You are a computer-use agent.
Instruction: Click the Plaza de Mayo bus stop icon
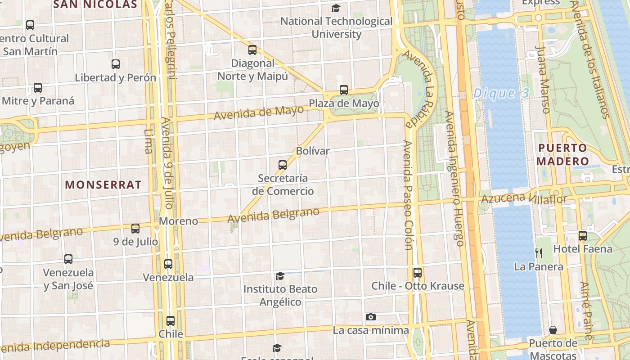click(344, 90)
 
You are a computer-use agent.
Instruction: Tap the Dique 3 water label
click(501, 94)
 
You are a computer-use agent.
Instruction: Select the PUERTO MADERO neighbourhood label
click(562, 154)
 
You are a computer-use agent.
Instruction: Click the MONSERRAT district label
click(103, 184)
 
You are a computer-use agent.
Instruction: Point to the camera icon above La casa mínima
click(370, 317)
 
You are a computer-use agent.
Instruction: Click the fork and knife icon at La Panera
click(539, 253)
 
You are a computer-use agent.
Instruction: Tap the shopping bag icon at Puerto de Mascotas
click(553, 330)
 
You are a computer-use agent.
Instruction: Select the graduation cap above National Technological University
click(336, 8)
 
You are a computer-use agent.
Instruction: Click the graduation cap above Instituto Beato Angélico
click(280, 276)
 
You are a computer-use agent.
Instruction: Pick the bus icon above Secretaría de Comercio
click(283, 165)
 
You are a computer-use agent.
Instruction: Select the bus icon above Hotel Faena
click(583, 235)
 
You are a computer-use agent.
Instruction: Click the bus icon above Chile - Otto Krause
click(418, 272)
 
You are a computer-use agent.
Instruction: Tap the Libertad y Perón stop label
click(115, 77)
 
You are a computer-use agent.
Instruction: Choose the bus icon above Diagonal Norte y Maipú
click(252, 50)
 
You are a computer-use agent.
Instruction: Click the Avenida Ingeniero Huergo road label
click(454, 178)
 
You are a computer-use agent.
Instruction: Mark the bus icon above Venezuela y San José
click(68, 259)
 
